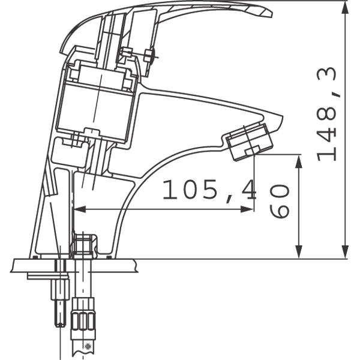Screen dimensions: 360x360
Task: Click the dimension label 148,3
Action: tap(327, 114)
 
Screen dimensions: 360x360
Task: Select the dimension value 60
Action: tap(279, 201)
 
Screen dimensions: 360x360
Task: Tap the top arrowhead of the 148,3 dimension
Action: tap(345, 9)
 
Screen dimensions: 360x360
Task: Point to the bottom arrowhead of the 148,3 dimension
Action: tap(345, 251)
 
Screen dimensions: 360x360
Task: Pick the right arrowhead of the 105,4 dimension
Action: tap(247, 209)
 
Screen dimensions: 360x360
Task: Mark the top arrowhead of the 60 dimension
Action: tap(298, 163)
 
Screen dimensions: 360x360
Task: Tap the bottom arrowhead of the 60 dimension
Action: tap(298, 251)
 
